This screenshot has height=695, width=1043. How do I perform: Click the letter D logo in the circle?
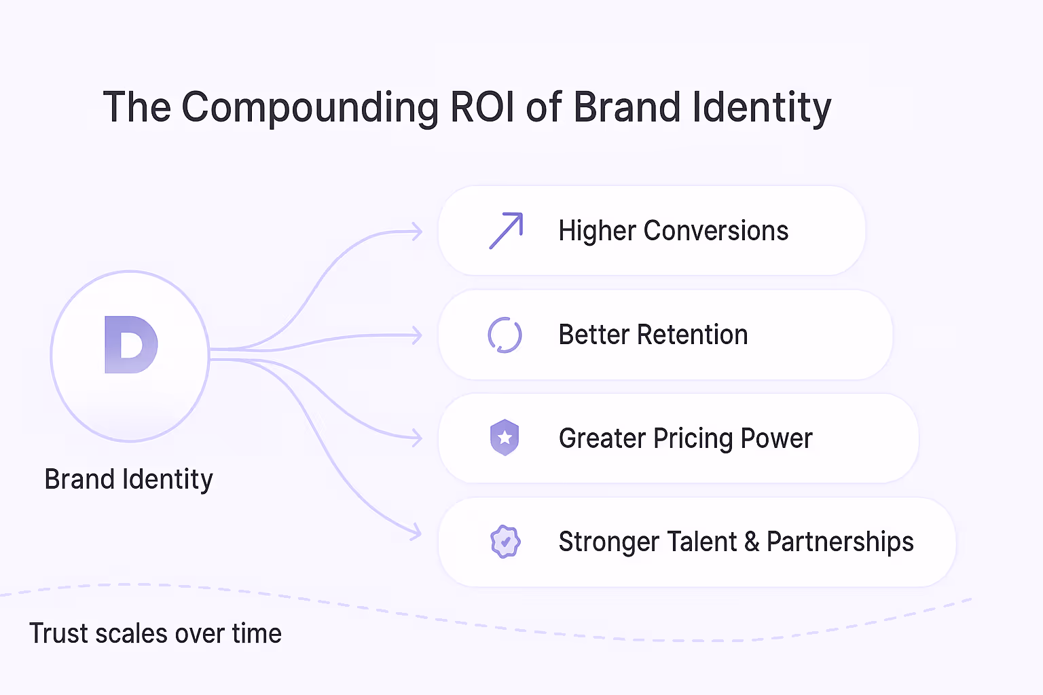coord(131,345)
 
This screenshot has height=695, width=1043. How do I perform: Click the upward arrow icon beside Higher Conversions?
coord(507,231)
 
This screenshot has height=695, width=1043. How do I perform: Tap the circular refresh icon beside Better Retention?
coord(505,335)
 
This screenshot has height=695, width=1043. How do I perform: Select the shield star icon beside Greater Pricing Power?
coord(505,438)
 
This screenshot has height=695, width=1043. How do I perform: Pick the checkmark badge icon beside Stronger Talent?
coord(505,542)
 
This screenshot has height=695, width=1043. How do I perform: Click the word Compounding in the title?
coord(310,108)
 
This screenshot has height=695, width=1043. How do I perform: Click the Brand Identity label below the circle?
coord(129,479)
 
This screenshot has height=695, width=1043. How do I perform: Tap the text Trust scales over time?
coord(155,633)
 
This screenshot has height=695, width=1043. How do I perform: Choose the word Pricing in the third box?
coord(693,438)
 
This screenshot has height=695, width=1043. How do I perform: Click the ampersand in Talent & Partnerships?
coord(752,542)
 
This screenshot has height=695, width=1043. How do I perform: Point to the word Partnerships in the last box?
coord(840,542)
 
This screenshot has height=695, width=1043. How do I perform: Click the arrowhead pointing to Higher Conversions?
coord(417,232)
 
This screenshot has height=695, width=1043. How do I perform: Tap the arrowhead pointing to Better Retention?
coord(417,335)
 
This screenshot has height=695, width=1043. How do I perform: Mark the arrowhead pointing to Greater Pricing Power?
coord(417,438)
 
